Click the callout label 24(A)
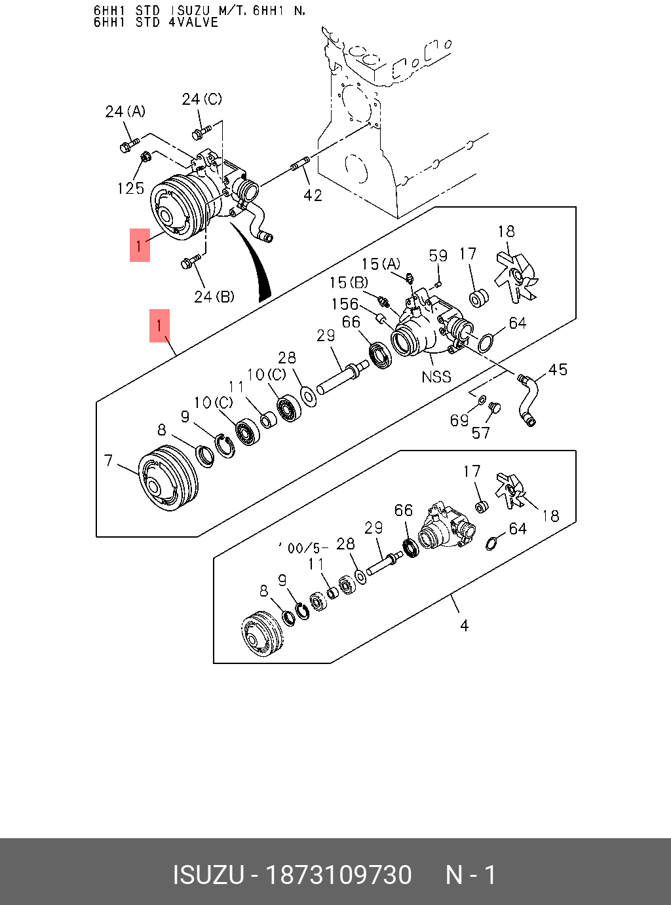tap(125, 112)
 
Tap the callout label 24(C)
tap(201, 99)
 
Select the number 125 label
tap(130, 189)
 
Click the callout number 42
tap(313, 195)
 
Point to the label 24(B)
tap(214, 297)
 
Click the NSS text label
tap(436, 377)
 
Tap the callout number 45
tap(558, 370)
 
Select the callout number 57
tap(480, 433)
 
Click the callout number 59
tap(438, 255)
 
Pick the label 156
tap(345, 305)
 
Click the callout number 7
tap(109, 461)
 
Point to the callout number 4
tap(464, 626)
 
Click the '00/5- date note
tap(303, 547)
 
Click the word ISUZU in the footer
tap(208, 875)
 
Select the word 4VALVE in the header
tap(193, 22)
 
